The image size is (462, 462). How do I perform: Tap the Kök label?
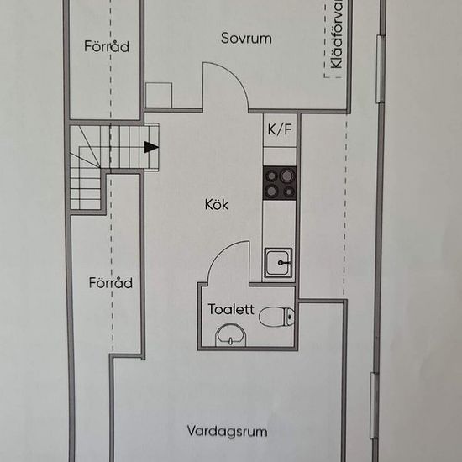pyautogui.click(x=217, y=204)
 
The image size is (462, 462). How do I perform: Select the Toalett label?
pyautogui.click(x=231, y=309)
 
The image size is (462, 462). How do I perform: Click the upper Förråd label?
pyautogui.click(x=107, y=46)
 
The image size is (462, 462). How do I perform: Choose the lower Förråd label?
pyautogui.click(x=111, y=283)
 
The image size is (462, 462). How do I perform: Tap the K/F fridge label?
pyautogui.click(x=280, y=129)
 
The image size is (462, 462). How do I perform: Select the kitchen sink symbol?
pyautogui.click(x=278, y=263)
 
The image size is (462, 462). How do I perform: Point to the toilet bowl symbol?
pyautogui.click(x=277, y=317)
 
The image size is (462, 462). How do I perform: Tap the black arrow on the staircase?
pyautogui.click(x=150, y=148)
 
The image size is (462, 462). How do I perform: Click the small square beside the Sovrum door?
pyautogui.click(x=159, y=95)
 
